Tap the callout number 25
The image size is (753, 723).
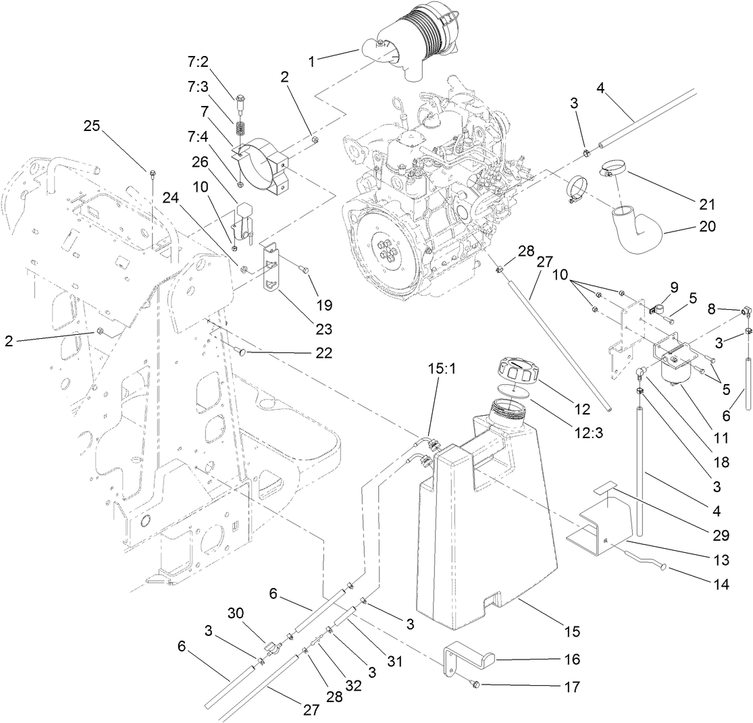(93, 126)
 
